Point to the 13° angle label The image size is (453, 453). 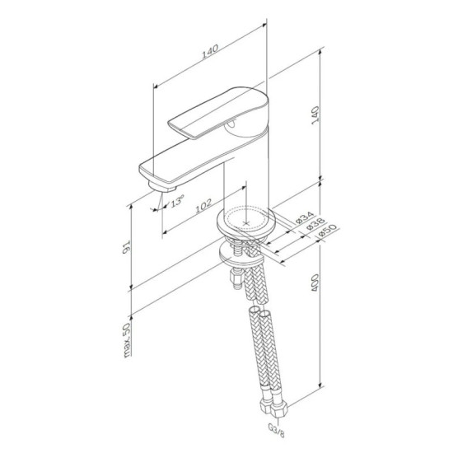click(x=176, y=201)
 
